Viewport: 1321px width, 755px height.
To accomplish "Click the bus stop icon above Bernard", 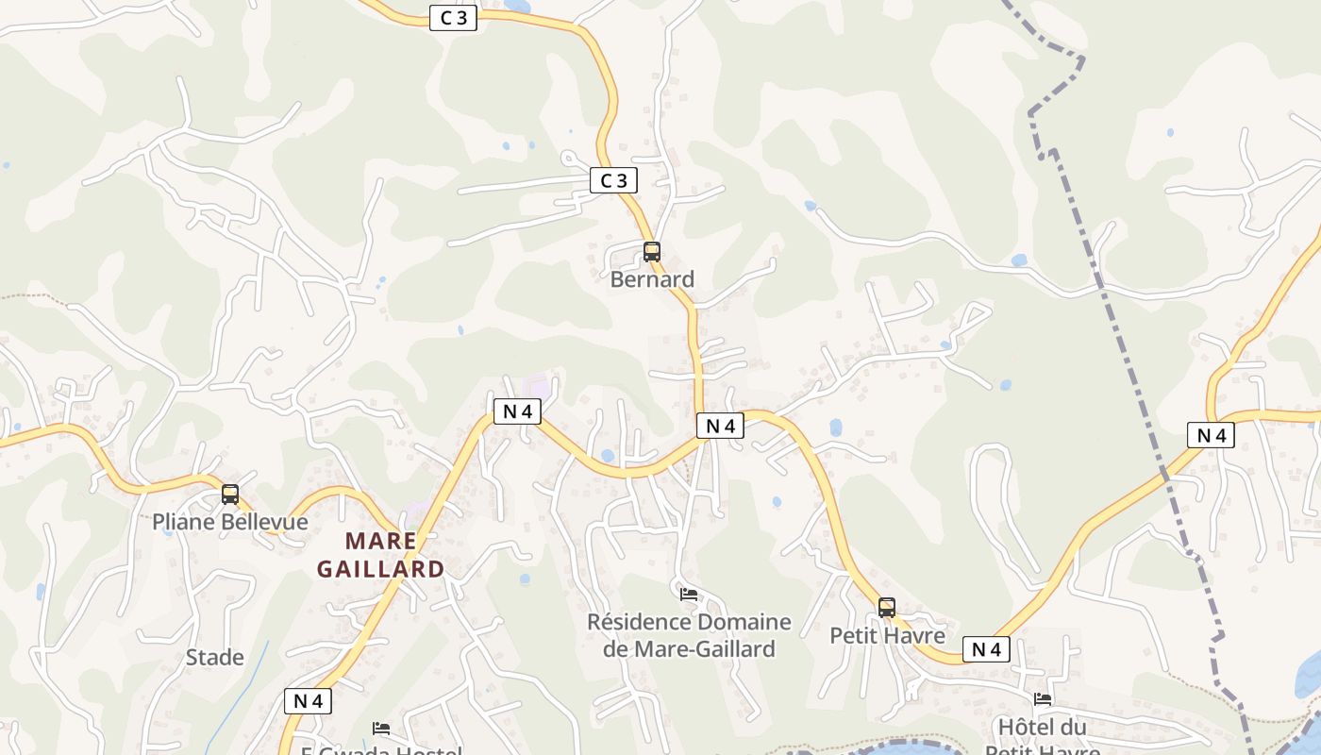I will click(651, 252).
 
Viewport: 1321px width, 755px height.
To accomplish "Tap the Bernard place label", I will click(652, 279).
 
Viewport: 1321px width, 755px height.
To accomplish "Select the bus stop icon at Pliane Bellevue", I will click(230, 495).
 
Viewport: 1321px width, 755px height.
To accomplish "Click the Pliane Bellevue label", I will click(230, 522).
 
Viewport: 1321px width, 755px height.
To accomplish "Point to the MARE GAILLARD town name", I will click(380, 555).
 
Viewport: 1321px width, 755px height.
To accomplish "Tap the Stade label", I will click(215, 658).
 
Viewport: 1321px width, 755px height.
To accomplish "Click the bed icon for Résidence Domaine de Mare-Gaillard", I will click(689, 595).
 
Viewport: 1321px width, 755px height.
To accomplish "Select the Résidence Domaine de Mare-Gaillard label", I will click(689, 635).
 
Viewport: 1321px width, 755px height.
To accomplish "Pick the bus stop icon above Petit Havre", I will click(887, 608).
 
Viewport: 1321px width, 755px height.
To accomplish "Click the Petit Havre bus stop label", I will click(887, 636).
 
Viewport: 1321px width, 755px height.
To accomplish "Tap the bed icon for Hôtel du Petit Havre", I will click(1043, 699).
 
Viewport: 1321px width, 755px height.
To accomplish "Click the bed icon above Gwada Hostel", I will click(381, 728).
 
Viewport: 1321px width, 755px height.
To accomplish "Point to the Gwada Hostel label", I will click(381, 750).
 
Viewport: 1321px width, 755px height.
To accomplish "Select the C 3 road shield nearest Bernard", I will click(613, 179).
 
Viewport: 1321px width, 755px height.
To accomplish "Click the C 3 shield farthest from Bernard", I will click(453, 18).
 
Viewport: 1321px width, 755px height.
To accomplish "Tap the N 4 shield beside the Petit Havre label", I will click(986, 649).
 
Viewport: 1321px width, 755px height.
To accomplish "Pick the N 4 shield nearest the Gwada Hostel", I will click(309, 701).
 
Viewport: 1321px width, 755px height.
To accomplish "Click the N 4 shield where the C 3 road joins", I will click(721, 426).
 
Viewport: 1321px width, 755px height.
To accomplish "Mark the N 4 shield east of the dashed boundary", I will click(1212, 435).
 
